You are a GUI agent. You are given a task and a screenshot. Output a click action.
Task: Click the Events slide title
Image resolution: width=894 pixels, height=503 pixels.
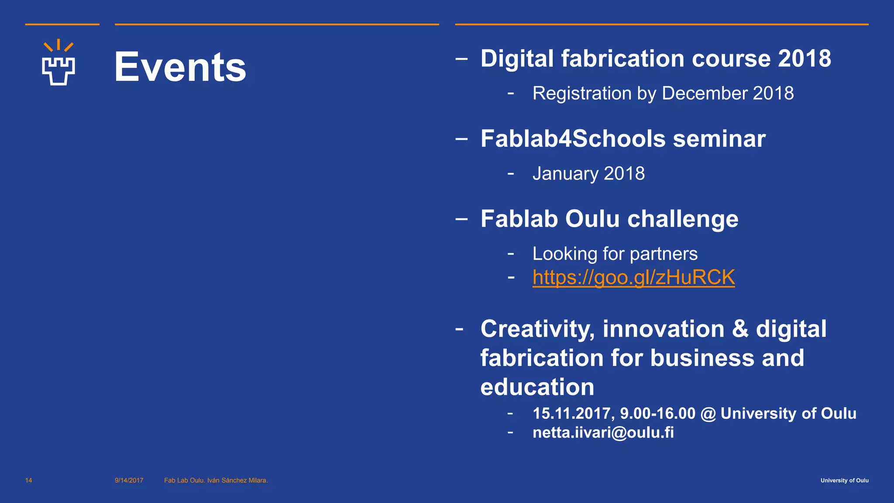180,67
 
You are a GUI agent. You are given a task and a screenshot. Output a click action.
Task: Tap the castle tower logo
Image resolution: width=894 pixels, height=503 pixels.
58,63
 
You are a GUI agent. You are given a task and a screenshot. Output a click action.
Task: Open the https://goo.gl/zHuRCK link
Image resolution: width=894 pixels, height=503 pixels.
633,277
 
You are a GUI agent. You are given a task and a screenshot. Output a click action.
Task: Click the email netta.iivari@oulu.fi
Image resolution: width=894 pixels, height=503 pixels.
603,433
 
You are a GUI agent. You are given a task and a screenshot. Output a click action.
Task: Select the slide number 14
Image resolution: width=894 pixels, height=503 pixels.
29,480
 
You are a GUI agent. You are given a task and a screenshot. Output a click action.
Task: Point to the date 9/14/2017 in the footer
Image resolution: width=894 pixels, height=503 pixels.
129,480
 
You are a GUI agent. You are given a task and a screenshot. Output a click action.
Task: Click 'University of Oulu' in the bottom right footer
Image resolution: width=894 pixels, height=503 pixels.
844,480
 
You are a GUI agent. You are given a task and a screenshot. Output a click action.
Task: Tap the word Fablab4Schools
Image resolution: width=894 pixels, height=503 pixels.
573,139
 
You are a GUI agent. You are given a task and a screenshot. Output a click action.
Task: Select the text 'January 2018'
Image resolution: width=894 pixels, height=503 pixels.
588,173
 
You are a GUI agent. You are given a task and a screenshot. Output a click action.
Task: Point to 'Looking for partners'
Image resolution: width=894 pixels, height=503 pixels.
615,254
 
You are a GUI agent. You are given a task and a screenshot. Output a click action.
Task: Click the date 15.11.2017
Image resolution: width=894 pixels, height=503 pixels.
571,413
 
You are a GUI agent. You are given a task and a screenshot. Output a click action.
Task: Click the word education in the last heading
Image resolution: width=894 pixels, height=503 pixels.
537,387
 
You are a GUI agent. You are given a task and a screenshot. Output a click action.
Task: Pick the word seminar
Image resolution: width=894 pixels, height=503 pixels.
719,139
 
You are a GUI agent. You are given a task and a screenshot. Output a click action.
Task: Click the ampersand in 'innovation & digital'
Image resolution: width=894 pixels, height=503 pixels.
740,329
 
